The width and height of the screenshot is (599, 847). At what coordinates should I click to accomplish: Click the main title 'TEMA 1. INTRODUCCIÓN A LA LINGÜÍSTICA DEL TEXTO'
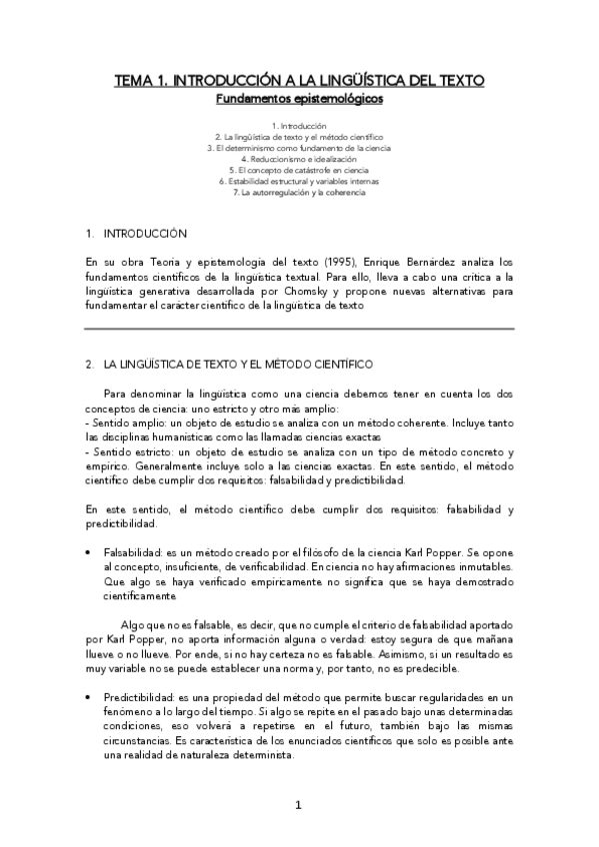click(x=299, y=81)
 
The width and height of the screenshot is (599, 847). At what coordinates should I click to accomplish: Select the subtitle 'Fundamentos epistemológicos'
click(x=299, y=99)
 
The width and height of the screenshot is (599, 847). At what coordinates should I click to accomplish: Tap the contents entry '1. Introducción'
click(x=299, y=126)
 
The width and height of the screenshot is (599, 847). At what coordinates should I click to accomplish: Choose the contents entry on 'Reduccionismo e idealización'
click(x=299, y=159)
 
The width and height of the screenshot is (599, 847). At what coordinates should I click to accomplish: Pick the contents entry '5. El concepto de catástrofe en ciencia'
click(x=299, y=170)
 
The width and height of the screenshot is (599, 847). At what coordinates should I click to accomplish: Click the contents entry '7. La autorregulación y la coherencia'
click(x=299, y=192)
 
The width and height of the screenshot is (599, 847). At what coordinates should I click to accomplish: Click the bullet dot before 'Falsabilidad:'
click(x=91, y=552)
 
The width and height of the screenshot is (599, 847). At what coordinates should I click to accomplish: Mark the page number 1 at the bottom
click(x=298, y=806)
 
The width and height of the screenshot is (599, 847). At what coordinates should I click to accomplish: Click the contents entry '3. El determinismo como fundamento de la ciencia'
click(x=299, y=148)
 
